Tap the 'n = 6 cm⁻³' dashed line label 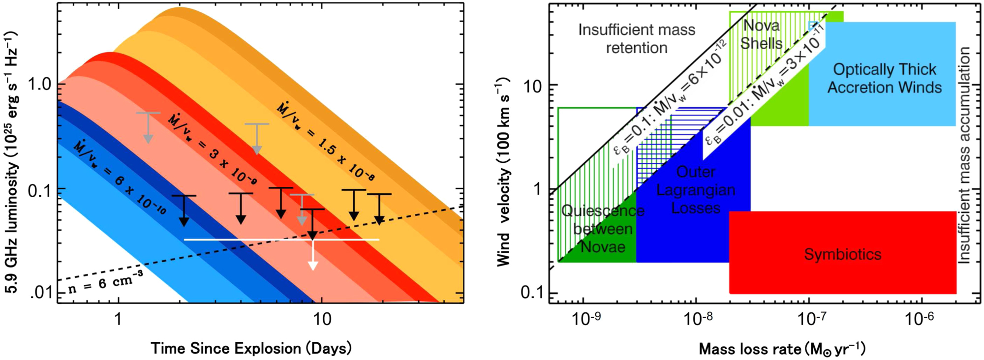(105, 282)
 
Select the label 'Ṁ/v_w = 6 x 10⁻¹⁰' (120, 178)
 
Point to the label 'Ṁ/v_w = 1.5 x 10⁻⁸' (325, 141)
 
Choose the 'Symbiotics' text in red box (842, 254)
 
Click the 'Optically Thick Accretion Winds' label (884, 78)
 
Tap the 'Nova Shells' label (761, 34)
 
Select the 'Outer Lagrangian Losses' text (696, 190)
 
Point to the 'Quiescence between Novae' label (603, 229)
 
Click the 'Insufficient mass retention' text (637, 39)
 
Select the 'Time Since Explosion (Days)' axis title (251, 348)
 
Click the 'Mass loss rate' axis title (782, 349)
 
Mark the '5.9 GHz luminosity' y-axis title (11, 162)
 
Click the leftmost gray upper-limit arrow (148, 128)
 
